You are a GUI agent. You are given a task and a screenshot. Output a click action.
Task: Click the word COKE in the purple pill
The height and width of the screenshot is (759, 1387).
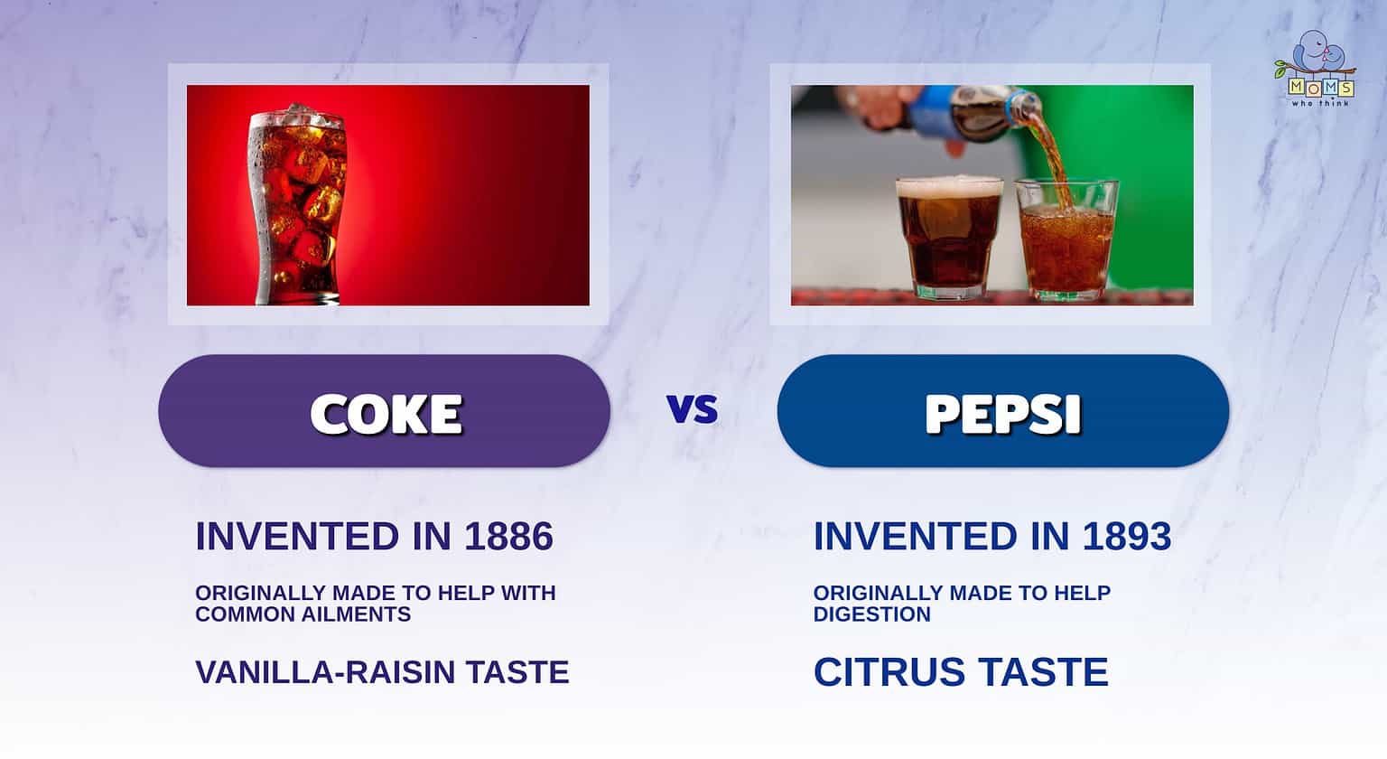(x=386, y=414)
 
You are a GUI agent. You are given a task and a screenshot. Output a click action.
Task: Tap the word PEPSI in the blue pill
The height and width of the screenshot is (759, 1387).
(x=1002, y=414)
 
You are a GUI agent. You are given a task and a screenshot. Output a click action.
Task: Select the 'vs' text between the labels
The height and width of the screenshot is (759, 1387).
(x=693, y=409)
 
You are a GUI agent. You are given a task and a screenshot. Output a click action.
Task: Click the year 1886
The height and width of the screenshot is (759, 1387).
(x=508, y=537)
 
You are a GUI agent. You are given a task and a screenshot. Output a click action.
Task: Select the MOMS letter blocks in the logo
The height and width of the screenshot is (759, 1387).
(x=1320, y=88)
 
